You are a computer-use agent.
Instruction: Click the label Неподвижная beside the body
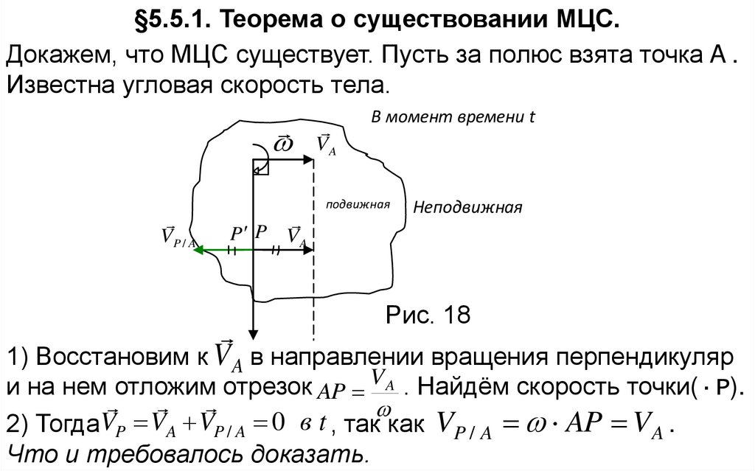(x=467, y=207)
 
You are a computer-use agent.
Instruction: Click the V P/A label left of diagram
(x=178, y=237)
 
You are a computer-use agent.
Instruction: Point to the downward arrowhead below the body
(x=253, y=332)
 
